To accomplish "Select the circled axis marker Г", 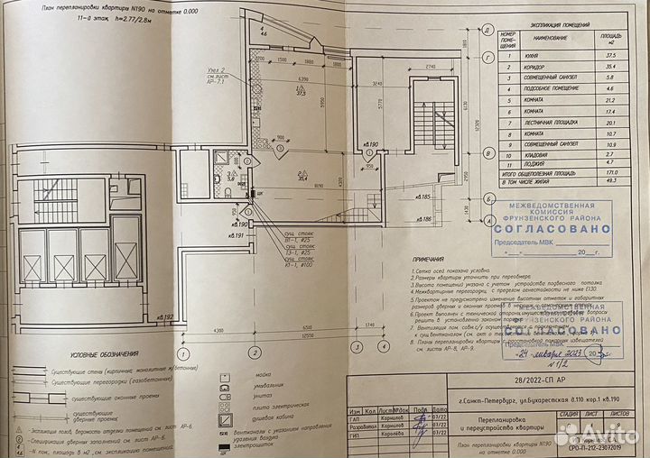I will point(487,59).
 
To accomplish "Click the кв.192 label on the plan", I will point(164,317).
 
